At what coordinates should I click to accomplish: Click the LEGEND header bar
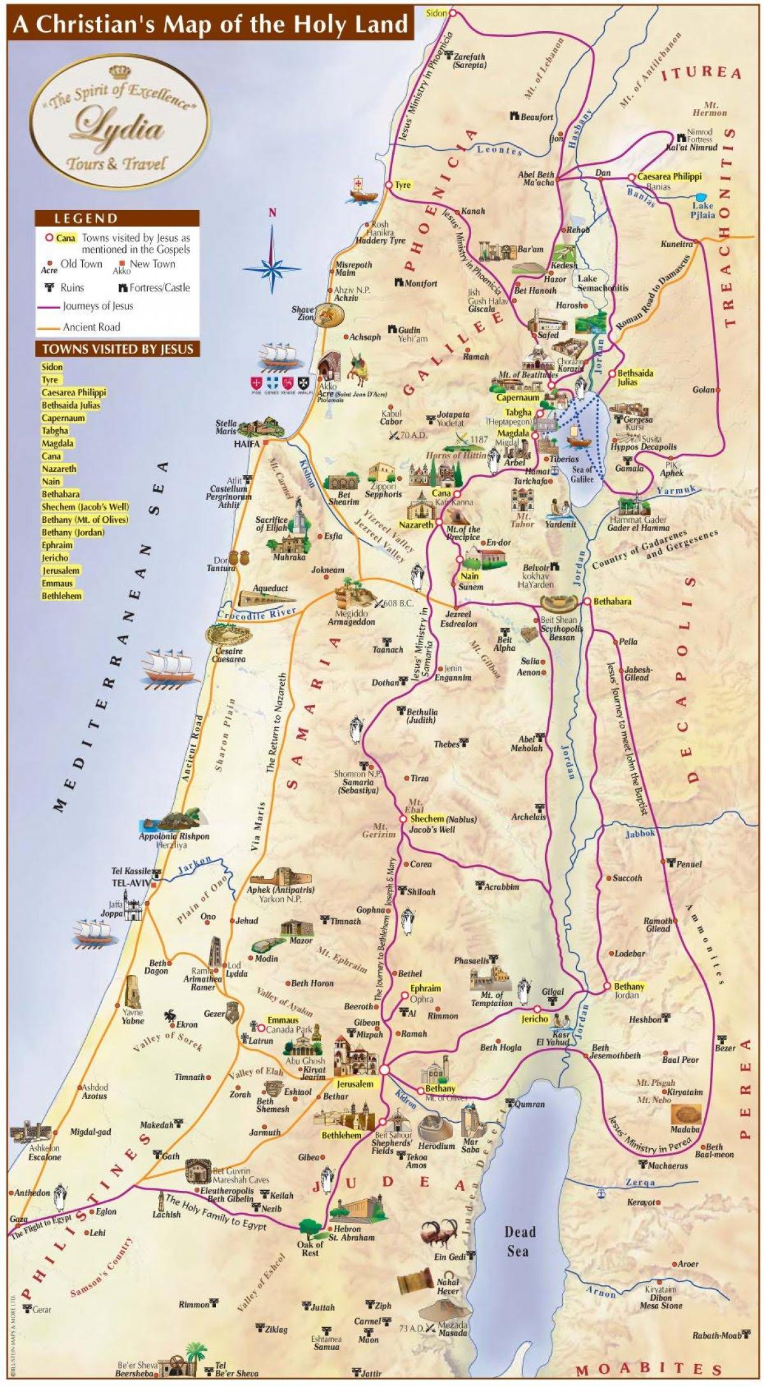click(117, 218)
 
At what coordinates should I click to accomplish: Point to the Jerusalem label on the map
click(355, 1085)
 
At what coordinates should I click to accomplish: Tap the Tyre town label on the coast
click(403, 185)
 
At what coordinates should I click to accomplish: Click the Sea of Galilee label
click(581, 474)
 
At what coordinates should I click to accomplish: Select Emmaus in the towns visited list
click(57, 583)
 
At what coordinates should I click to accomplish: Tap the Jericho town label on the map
click(534, 1019)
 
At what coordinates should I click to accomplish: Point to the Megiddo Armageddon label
click(351, 618)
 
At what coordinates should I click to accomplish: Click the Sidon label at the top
click(436, 13)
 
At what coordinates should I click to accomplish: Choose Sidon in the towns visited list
click(52, 367)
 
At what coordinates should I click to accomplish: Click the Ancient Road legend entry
click(91, 327)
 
